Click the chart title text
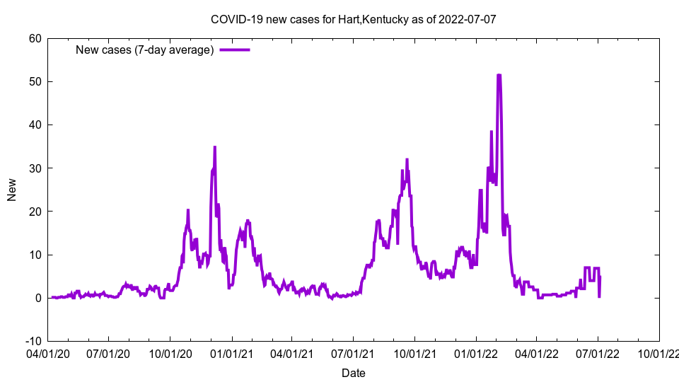354,19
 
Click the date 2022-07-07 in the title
468,19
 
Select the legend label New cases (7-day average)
145,50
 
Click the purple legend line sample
235,50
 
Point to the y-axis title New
12,190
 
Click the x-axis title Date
354,373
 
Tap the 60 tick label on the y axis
35,38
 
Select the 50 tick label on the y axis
35,81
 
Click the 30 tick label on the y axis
35,168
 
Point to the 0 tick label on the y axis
37,298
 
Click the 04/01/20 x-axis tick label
47,352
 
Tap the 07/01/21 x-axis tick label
353,352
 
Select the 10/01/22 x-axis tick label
659,352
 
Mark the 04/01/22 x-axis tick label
536,352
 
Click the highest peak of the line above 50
499,76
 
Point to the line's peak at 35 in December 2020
214,147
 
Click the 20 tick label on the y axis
35,212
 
